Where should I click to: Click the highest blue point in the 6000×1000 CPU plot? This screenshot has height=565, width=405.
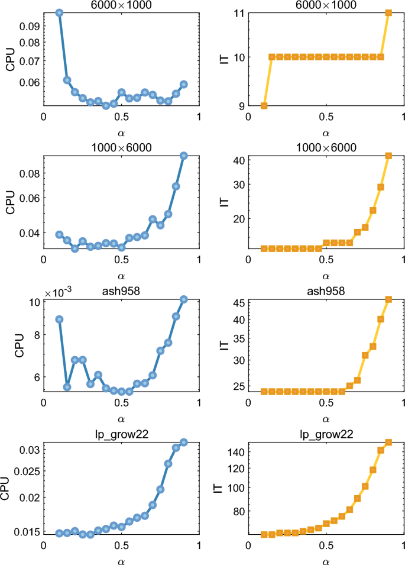(x=59, y=12)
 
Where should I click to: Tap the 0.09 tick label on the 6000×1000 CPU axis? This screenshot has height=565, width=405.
(x=28, y=27)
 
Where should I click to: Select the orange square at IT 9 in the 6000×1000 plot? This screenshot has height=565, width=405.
(x=264, y=105)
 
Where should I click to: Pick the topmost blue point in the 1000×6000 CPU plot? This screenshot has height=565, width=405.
(x=183, y=156)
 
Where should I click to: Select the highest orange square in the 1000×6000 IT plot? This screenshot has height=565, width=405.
(x=388, y=156)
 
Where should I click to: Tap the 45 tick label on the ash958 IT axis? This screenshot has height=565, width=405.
(x=239, y=304)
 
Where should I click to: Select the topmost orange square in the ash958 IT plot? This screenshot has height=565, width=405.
(x=388, y=299)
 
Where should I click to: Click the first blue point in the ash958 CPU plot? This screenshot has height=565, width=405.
(x=59, y=319)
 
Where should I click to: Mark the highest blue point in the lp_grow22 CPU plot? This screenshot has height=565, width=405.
(x=183, y=443)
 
